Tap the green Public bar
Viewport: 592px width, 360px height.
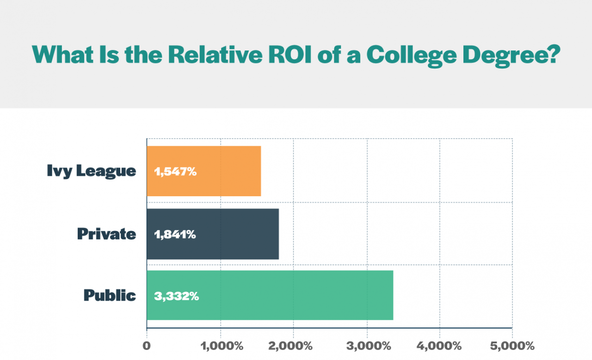pyautogui.click(x=296, y=295)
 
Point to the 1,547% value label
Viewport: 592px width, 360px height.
pyautogui.click(x=175, y=172)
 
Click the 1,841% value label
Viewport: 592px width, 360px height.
pyautogui.click(x=175, y=235)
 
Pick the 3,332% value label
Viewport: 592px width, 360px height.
pyautogui.click(x=176, y=296)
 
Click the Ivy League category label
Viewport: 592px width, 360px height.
pyautogui.click(x=92, y=171)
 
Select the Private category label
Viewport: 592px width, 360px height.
pyautogui.click(x=106, y=234)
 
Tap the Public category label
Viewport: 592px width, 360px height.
pyautogui.click(x=110, y=295)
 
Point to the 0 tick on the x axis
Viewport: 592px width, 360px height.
pyautogui.click(x=147, y=346)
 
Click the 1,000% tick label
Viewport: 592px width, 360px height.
pyautogui.click(x=221, y=346)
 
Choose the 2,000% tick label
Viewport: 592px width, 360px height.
pyautogui.click(x=293, y=346)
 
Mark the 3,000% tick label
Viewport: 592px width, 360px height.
pyautogui.click(x=367, y=346)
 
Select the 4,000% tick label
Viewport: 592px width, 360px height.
pyautogui.click(x=439, y=346)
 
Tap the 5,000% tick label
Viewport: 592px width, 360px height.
pyautogui.click(x=512, y=346)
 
